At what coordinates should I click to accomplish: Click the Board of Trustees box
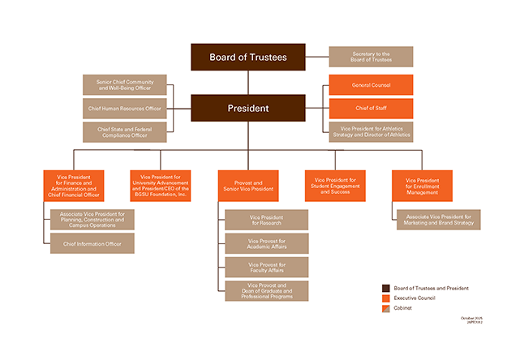247,57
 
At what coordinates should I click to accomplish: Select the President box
247,108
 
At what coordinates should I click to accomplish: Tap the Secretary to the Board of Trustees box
371,57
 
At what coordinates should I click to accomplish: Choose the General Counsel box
371,85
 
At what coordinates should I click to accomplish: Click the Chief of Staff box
371,108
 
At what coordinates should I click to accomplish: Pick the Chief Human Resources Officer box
124,108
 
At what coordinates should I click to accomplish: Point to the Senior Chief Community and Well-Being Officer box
124,85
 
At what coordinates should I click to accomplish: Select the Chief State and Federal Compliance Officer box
124,131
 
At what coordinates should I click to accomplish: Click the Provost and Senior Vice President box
247,186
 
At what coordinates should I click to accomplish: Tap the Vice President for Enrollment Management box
422,186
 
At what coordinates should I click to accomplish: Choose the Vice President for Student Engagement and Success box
335,186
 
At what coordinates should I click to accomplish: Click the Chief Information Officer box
92,242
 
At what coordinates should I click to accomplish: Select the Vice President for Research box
267,220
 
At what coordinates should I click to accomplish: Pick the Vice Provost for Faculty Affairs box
267,267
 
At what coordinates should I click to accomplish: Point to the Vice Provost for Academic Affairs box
267,243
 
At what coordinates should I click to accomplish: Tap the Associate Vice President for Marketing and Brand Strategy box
438,220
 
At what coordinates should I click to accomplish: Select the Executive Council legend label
415,298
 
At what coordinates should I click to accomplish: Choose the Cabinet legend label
404,308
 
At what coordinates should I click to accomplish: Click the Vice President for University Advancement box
160,186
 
